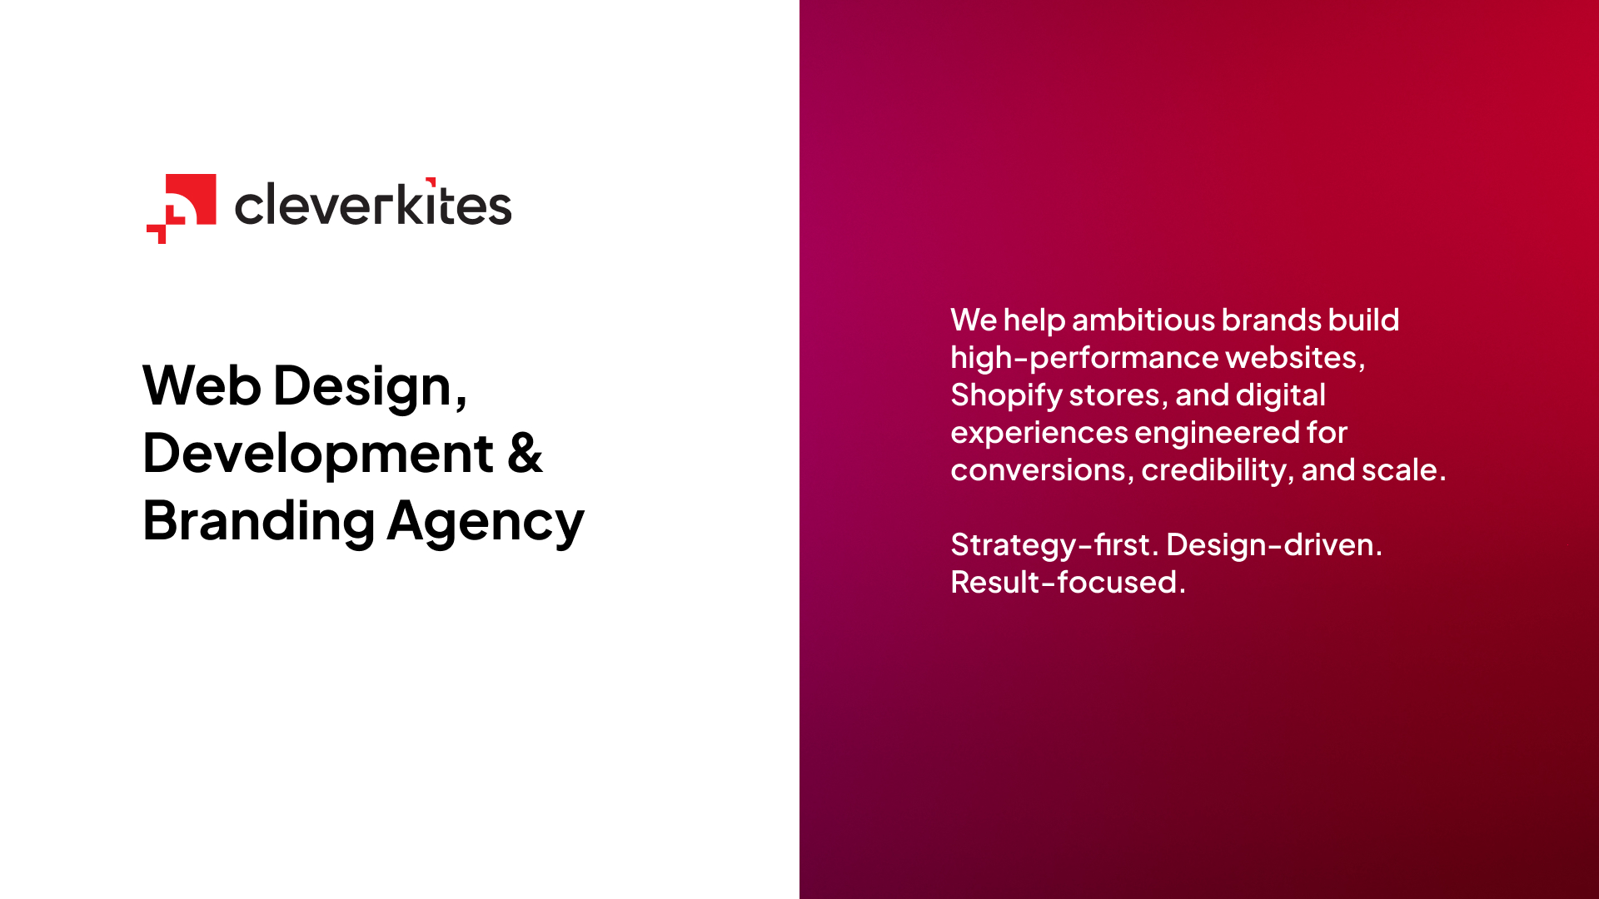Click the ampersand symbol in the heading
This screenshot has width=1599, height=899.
point(525,454)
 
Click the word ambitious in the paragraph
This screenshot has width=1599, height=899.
point(1143,320)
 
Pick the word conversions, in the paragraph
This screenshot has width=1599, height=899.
point(1043,470)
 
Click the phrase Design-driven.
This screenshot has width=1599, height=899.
point(1274,545)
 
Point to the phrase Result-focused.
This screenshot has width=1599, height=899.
point(1068,582)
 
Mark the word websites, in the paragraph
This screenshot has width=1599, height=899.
point(1296,358)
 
